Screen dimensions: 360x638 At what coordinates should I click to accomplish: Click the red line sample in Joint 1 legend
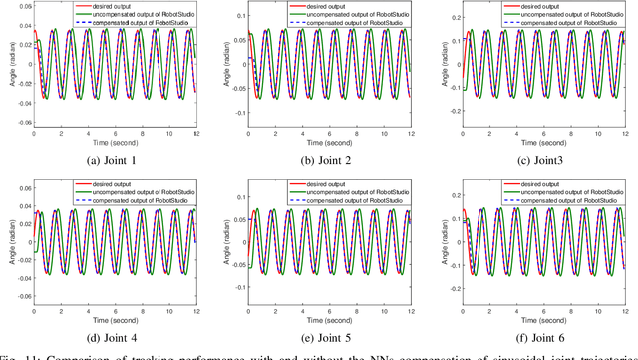point(62,6)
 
